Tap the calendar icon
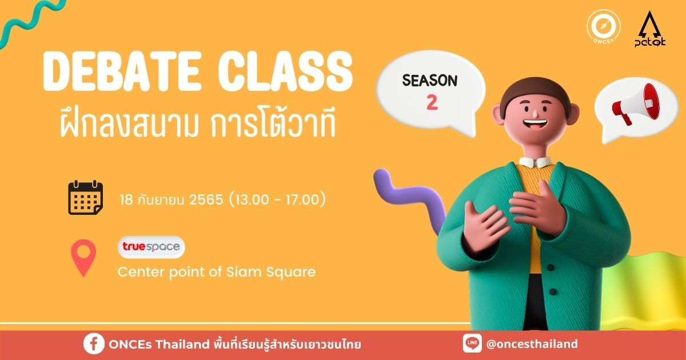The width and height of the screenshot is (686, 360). pyautogui.click(x=85, y=198)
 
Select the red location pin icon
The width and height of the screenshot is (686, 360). pyautogui.click(x=83, y=258)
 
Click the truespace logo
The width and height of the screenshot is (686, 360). pyautogui.click(x=151, y=247)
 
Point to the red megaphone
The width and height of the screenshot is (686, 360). pyautogui.click(x=636, y=105)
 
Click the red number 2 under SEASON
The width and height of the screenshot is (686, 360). pyautogui.click(x=432, y=103)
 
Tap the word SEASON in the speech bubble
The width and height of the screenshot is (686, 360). pyautogui.click(x=430, y=81)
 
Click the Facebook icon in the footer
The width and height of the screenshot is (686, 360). pyautogui.click(x=94, y=344)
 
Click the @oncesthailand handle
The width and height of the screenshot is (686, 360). pyautogui.click(x=532, y=344)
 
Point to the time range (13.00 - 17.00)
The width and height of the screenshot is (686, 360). pyautogui.click(x=277, y=200)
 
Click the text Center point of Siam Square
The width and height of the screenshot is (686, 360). pyautogui.click(x=216, y=272)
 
